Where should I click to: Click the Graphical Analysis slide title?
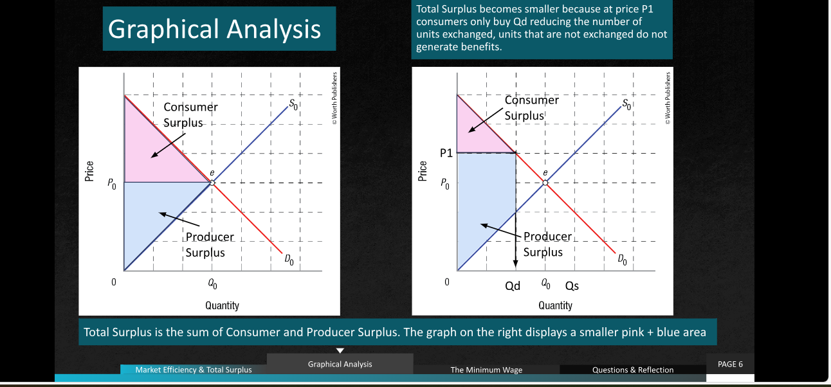coord(214,29)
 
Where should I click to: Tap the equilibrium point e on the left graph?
coord(212,183)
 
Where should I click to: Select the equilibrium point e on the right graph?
coord(545,183)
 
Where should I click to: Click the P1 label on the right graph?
coord(446,153)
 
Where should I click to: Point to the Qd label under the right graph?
coord(513,286)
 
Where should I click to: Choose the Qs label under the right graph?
coord(572,286)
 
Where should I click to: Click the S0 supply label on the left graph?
coord(293,105)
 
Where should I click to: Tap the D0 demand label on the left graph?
coord(289,260)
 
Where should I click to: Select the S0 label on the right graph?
coord(626,105)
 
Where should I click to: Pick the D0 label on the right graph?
coord(622,260)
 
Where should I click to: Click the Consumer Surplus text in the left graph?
coord(190,114)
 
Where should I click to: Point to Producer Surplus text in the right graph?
coord(547,244)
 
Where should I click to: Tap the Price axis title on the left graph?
coord(89,171)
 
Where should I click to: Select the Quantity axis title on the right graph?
coord(555,305)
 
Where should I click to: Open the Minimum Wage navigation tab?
coord(486,370)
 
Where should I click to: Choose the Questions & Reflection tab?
coord(633,370)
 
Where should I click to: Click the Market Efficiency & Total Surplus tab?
coord(194,370)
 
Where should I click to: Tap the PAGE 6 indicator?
coord(730,364)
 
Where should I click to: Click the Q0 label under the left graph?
coord(212,284)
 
